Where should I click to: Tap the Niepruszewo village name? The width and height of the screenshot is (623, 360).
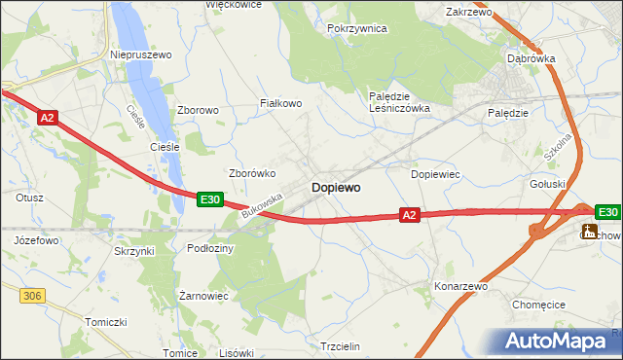(141, 55)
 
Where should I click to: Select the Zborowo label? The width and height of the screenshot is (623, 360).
(197, 110)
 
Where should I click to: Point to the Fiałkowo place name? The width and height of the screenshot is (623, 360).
(281, 102)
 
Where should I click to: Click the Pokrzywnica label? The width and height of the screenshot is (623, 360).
(357, 29)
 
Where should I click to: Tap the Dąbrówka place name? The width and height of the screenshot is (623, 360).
(531, 58)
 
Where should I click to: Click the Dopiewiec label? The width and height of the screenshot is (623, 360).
(435, 174)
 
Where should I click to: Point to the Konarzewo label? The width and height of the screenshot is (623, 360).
(460, 287)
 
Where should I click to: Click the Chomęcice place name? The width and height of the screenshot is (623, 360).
(538, 305)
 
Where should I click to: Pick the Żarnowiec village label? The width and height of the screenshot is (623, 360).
(203, 294)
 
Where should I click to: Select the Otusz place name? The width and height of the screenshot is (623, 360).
(29, 197)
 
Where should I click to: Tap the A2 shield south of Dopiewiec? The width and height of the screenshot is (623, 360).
(409, 215)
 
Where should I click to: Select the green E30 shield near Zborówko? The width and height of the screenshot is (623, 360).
(210, 198)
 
